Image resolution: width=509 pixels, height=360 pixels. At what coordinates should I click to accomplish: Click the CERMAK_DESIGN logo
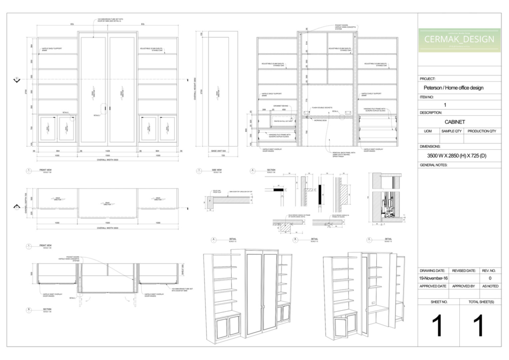[459, 39]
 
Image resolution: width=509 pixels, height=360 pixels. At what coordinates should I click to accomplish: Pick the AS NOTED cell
[490, 286]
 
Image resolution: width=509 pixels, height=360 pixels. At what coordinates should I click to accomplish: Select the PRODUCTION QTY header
[482, 131]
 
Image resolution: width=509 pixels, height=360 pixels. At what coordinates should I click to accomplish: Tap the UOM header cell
[427, 131]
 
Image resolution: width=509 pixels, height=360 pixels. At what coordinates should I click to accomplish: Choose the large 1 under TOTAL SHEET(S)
[478, 326]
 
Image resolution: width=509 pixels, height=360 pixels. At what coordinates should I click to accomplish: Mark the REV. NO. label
[490, 270]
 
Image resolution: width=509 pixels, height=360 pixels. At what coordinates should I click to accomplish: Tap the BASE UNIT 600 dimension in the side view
[219, 151]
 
